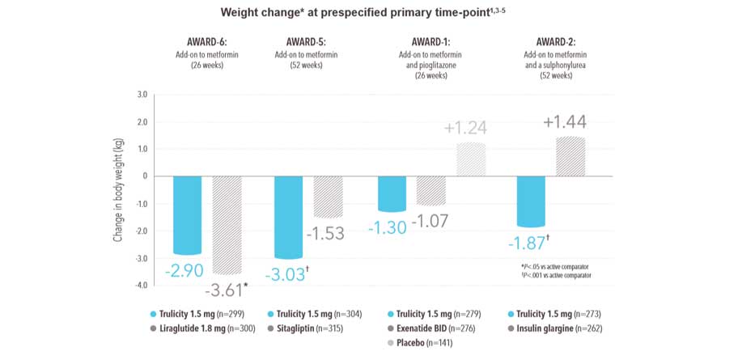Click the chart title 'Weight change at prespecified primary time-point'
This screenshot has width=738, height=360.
368,13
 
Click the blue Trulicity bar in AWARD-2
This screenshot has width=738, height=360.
532,201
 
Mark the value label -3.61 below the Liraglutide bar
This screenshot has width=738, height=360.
226,290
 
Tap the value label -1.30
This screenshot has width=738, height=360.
389,227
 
